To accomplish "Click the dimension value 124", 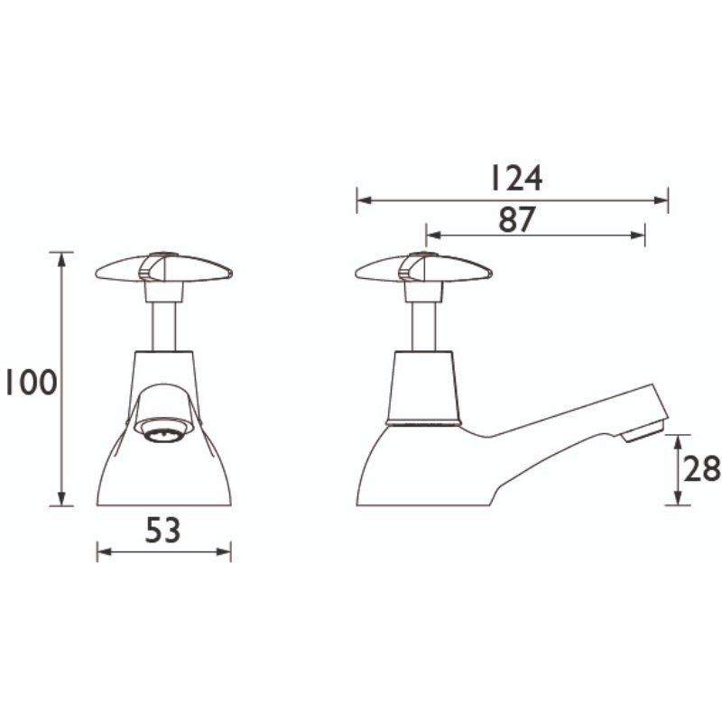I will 515,179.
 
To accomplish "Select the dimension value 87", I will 516,219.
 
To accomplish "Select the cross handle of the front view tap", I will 162,268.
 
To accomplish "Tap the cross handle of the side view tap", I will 423,270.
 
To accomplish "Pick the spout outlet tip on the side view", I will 643,431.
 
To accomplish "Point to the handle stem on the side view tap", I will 423,323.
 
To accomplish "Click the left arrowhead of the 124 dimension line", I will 361,200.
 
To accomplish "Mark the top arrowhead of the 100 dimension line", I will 61,257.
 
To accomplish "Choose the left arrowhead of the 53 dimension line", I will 102,552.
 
